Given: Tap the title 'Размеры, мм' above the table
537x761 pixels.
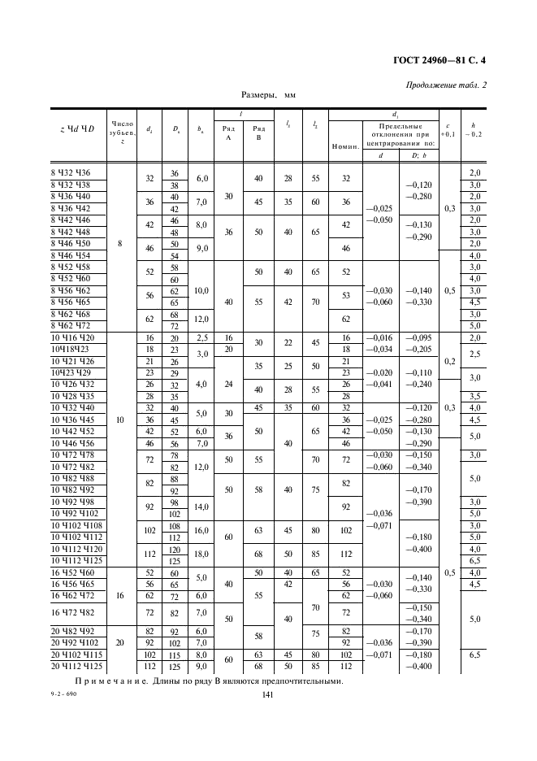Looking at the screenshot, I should coord(269,95).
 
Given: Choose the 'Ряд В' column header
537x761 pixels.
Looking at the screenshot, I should coord(259,133).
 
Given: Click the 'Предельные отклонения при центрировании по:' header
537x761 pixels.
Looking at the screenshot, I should coord(398,134).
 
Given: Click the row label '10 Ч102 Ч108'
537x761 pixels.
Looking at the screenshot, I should coord(76,526).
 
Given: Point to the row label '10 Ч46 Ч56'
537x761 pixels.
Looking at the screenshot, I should coord(72,444).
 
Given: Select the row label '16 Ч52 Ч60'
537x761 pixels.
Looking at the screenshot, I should coord(72,572).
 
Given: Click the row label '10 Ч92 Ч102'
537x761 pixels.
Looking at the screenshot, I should coord(74,514).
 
